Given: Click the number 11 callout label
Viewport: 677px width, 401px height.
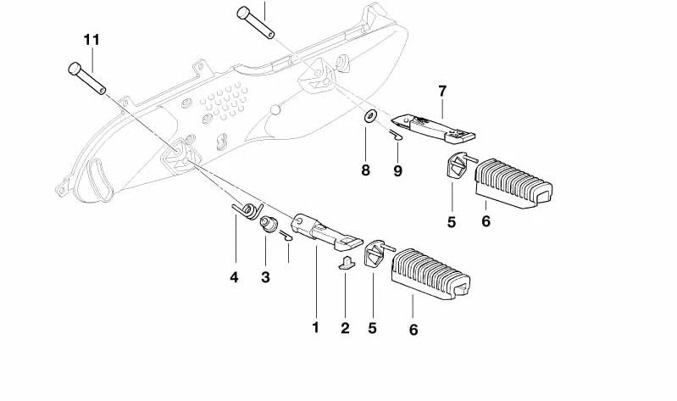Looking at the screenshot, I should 91,40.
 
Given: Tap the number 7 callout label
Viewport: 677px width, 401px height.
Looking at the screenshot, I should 441,91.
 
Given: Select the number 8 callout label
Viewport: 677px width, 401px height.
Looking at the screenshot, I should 366,170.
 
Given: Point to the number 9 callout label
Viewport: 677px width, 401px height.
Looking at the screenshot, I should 397,170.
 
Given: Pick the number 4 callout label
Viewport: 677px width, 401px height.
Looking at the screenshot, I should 234,276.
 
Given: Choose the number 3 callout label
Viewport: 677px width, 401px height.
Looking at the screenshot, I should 265,276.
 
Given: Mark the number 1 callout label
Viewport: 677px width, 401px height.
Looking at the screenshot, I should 315,326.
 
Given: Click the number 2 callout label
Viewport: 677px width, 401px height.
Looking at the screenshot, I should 345,328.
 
